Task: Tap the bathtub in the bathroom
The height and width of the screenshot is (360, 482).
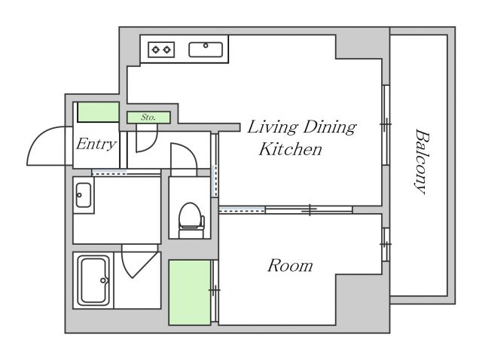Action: pyautogui.click(x=93, y=280)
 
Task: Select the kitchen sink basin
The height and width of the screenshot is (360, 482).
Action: pyautogui.click(x=206, y=50)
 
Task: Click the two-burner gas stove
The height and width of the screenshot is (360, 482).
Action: pyautogui.click(x=161, y=50)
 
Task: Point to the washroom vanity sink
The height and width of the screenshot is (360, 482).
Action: pyautogui.click(x=84, y=195)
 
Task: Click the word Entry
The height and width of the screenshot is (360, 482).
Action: pyautogui.click(x=96, y=144)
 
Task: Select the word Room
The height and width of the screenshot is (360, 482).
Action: pyautogui.click(x=290, y=266)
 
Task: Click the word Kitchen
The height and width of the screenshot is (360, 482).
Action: pyautogui.click(x=290, y=149)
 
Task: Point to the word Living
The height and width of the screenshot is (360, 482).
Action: pyautogui.click(x=273, y=127)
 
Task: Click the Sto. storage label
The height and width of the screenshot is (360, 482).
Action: pyautogui.click(x=148, y=117)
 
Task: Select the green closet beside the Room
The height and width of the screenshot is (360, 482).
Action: pyautogui.click(x=190, y=292)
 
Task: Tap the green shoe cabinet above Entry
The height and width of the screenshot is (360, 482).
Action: pyautogui.click(x=98, y=112)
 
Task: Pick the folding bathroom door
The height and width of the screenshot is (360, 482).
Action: pyautogui.click(x=141, y=261)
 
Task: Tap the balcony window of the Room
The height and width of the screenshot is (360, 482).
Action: pyautogui.click(x=386, y=245)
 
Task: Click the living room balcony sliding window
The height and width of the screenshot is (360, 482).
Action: pyautogui.click(x=386, y=125)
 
